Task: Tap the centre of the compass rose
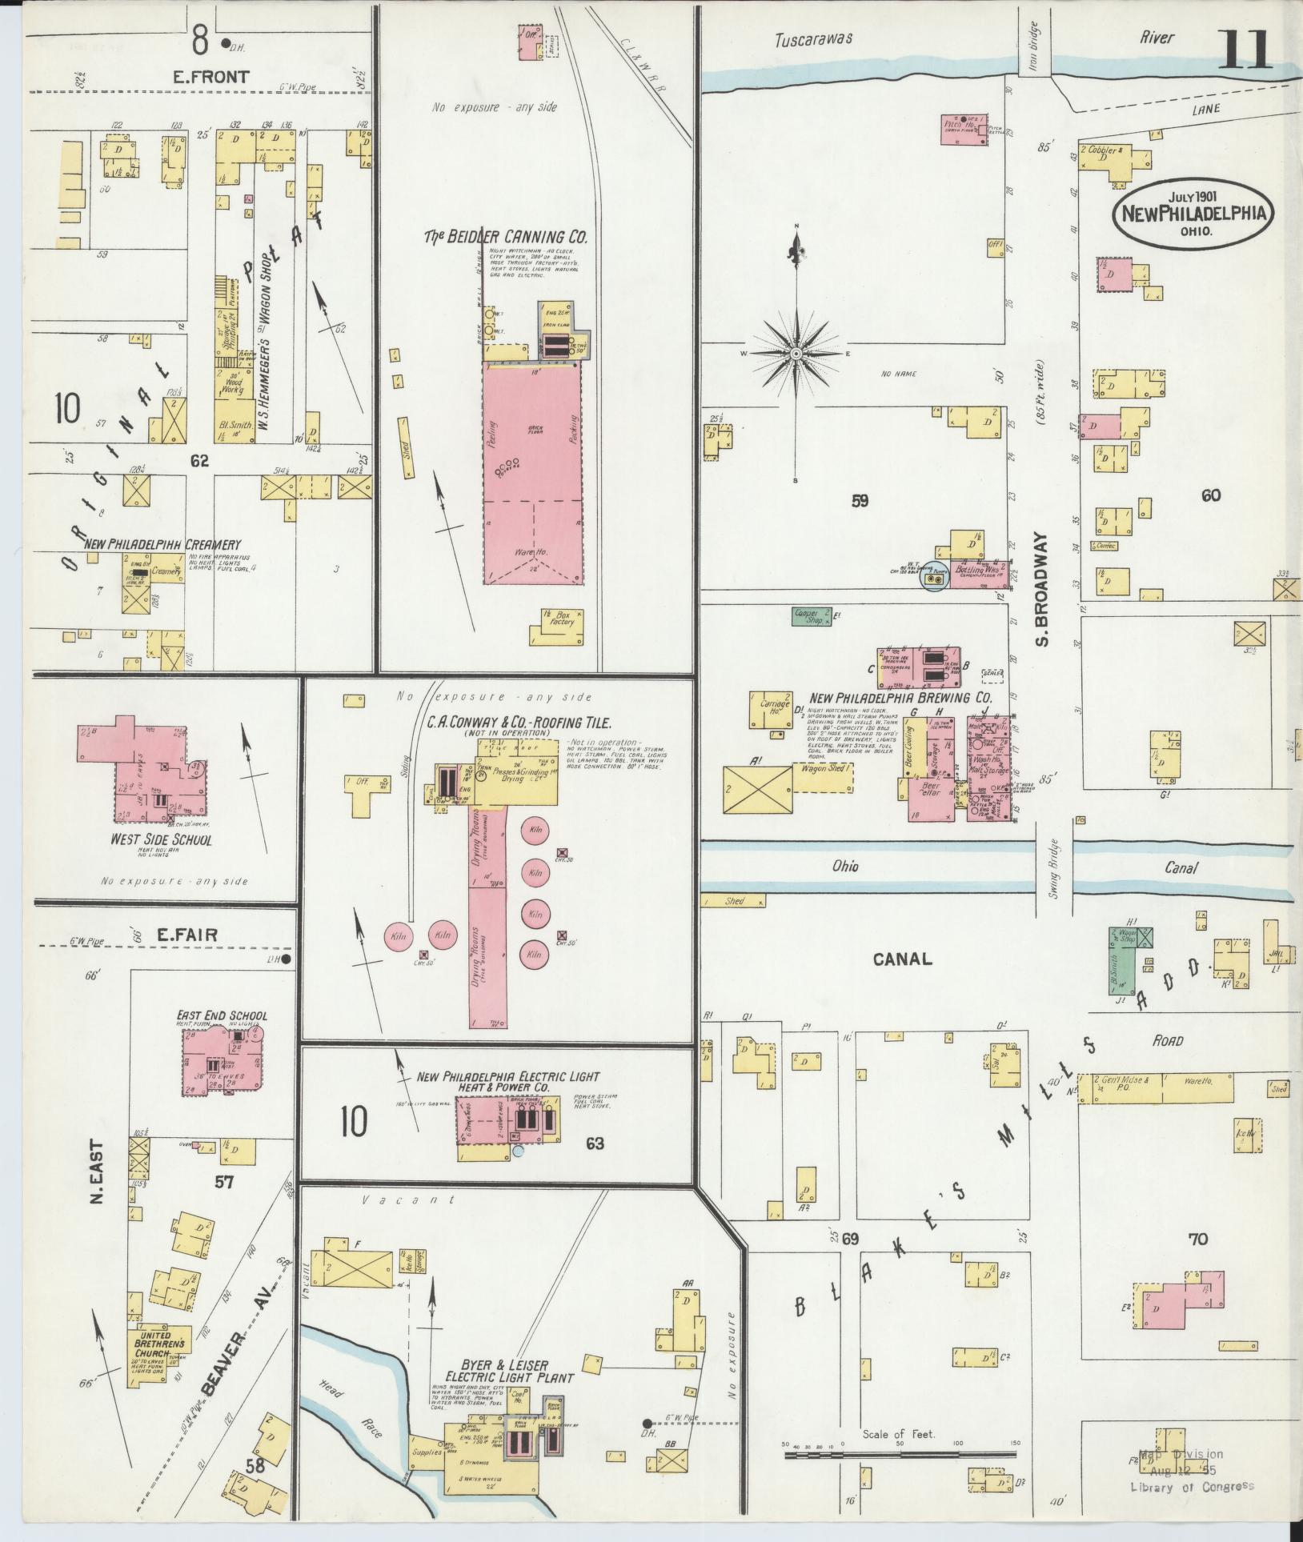click(796, 353)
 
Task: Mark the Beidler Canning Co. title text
click(506, 238)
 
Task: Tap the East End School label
click(222, 1015)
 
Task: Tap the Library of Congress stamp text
click(1192, 1486)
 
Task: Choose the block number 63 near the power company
click(594, 1143)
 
